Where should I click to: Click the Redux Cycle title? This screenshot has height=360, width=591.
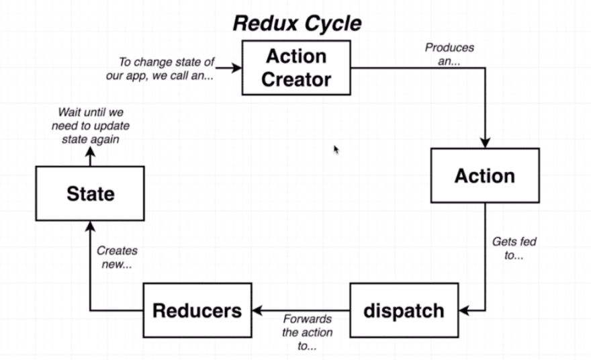pos(297,23)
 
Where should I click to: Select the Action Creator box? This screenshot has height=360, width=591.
pos(296,68)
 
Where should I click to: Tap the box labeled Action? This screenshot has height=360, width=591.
pos(484,176)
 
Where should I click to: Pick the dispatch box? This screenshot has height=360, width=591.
pos(404,310)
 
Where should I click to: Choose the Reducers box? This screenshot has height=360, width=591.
pos(197,310)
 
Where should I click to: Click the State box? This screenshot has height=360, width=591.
pos(90,194)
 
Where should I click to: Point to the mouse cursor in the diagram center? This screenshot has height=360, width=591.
pos(336,149)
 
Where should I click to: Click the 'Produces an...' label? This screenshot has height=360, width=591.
pos(449,54)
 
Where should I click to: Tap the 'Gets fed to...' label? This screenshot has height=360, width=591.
pos(514,247)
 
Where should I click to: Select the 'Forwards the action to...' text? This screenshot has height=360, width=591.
pos(307,332)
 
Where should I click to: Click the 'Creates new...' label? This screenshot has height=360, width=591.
pos(117,257)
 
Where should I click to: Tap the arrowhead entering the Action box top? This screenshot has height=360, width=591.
pos(485,142)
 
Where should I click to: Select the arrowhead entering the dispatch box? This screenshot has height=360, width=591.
pos(463,310)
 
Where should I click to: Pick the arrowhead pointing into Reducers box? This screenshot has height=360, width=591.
pos(257,310)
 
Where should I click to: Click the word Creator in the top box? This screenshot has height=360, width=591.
pos(296,80)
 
